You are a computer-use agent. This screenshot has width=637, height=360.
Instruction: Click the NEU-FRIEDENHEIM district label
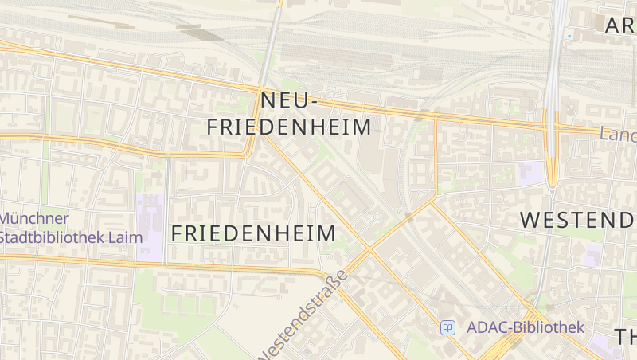click(x=289, y=114)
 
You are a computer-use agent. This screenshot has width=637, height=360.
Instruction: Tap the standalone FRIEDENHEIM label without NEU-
click(x=253, y=233)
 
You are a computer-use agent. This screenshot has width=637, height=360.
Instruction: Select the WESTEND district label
click(x=578, y=220)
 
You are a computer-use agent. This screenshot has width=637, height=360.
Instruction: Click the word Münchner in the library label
click(x=34, y=218)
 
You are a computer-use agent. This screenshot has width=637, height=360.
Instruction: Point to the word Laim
click(x=126, y=237)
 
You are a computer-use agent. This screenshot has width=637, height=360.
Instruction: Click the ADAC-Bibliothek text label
click(x=526, y=327)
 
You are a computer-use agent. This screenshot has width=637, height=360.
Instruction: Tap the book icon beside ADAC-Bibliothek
click(x=448, y=327)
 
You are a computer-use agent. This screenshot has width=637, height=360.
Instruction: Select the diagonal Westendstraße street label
click(x=304, y=314)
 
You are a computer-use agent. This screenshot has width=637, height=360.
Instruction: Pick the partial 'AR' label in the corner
click(x=620, y=25)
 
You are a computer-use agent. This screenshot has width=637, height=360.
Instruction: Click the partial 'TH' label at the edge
click(x=625, y=336)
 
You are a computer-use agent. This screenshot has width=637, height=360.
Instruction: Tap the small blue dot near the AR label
click(x=569, y=37)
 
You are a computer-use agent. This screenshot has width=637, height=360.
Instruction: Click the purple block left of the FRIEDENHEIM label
click(x=150, y=226)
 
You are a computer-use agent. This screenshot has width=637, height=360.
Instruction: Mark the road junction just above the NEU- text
click(x=261, y=85)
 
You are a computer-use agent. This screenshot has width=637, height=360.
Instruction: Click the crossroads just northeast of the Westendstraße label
click(x=369, y=250)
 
